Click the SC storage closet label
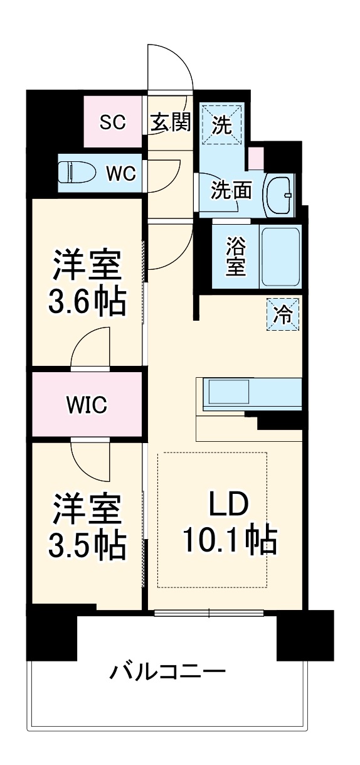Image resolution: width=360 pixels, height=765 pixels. pyautogui.click(x=113, y=122)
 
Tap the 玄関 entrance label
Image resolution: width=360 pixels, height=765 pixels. pyautogui.click(x=170, y=122)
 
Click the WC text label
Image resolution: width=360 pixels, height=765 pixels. pyautogui.click(x=120, y=173)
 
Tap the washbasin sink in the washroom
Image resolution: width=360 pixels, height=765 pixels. pyautogui.click(x=278, y=195)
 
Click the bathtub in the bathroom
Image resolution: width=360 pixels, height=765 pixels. pyautogui.click(x=280, y=257)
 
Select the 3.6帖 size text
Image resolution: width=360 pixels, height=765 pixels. pyautogui.click(x=88, y=302)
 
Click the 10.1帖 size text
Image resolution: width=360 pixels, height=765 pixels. pyautogui.click(x=230, y=539)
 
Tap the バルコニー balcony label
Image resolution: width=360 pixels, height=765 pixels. pyautogui.click(x=167, y=673)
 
